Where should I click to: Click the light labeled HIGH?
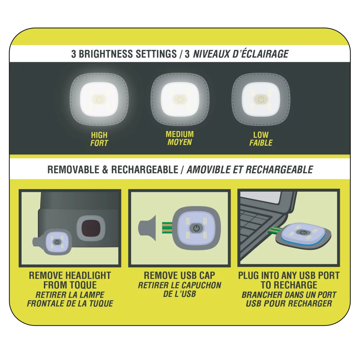pos(99,99)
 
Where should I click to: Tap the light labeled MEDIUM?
pos(180,99)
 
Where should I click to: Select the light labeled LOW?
pos(261,99)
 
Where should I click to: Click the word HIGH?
pos(99,135)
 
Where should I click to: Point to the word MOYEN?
pos(180,142)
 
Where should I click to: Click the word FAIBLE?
pos(261,143)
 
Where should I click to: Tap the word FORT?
pos(99,143)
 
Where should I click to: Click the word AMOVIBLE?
pos(209,170)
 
